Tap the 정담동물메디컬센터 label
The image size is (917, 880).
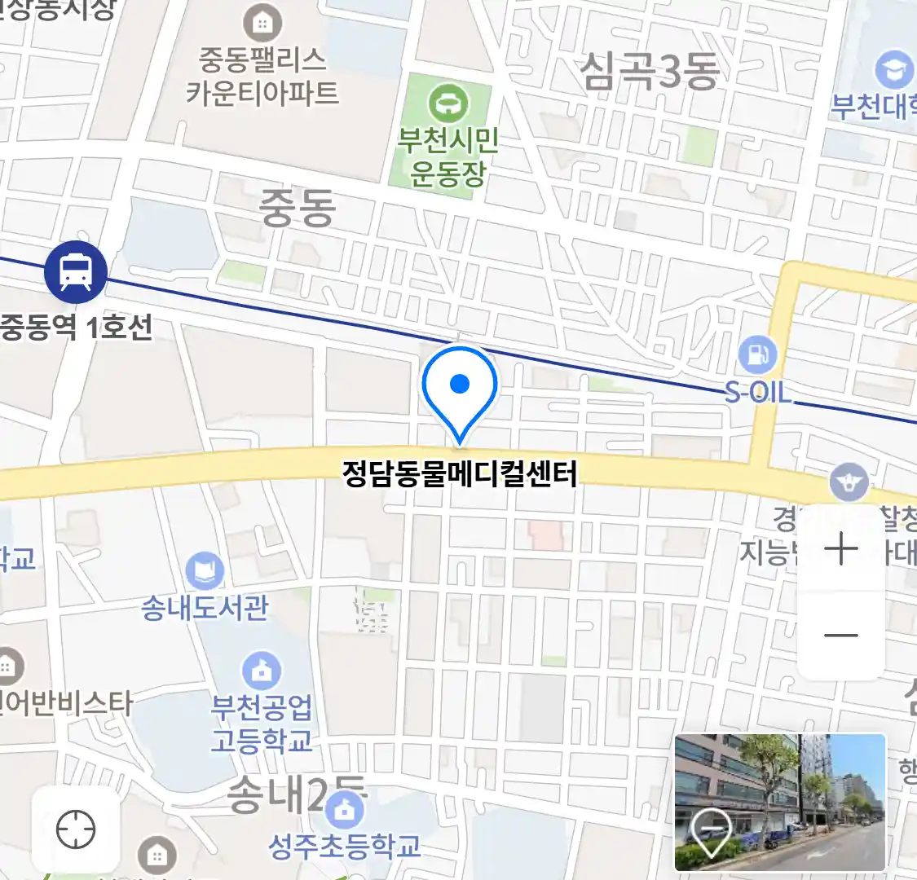click(460, 473)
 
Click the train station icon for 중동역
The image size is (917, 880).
click(76, 271)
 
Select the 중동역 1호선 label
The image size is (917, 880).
click(76, 328)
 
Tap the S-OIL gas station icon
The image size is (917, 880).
click(757, 355)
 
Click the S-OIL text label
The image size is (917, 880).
click(758, 394)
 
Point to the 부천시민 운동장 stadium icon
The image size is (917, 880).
click(447, 103)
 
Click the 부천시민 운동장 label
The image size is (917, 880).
click(447, 156)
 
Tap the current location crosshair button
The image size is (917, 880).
click(76, 830)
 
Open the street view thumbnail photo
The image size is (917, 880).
click(779, 802)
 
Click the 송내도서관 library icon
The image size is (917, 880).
click(205, 570)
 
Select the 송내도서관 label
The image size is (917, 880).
click(205, 608)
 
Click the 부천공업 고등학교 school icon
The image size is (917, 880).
click(262, 671)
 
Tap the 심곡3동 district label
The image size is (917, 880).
click(650, 70)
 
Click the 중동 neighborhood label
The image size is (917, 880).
click(298, 207)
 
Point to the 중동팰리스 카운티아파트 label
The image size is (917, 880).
click(262, 76)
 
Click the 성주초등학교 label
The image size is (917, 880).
click(345, 846)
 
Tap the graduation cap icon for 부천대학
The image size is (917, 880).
click(893, 70)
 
